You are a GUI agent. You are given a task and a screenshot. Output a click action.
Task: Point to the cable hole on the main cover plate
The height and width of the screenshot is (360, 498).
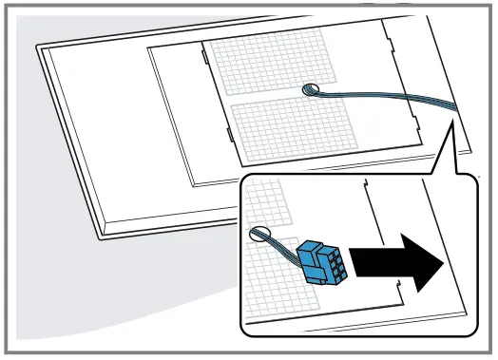click(311, 89)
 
